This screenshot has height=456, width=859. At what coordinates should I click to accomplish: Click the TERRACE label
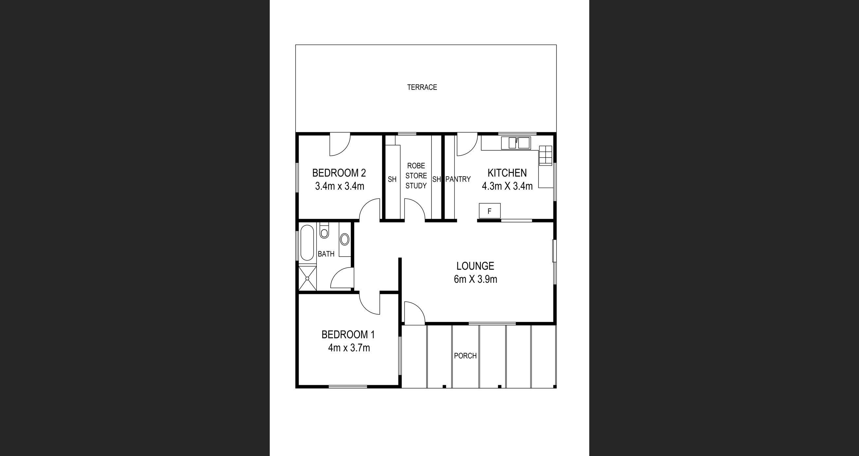coord(422,87)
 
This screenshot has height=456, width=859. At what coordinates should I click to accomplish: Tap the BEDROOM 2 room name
coord(339,173)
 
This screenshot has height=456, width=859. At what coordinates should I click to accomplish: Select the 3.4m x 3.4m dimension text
coord(339,186)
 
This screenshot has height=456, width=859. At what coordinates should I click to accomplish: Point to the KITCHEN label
coord(507,173)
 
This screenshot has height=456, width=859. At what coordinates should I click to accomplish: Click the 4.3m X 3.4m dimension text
coord(507,186)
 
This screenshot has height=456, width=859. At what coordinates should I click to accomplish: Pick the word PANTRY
coord(458,180)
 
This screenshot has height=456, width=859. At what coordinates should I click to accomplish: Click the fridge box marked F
coord(489,211)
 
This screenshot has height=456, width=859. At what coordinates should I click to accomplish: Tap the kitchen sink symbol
coord(516,143)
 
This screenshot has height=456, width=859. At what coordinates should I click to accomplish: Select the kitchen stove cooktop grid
coord(545,155)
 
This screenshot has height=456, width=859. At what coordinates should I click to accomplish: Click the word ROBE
coord(416,166)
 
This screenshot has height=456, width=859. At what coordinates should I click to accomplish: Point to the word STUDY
coord(416,186)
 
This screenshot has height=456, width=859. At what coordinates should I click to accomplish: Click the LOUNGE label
coord(475,266)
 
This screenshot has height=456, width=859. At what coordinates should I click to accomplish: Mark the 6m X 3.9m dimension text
coord(475,279)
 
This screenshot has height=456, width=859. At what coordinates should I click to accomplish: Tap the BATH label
coord(326,254)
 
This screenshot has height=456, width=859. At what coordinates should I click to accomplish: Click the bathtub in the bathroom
coord(307,243)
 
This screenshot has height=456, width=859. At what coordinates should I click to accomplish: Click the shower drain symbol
coord(307,278)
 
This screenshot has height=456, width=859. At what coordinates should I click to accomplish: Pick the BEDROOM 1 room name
coord(348,334)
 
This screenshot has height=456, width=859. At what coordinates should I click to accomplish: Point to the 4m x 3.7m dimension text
coord(349,348)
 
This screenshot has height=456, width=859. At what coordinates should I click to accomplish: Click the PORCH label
coord(465,356)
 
